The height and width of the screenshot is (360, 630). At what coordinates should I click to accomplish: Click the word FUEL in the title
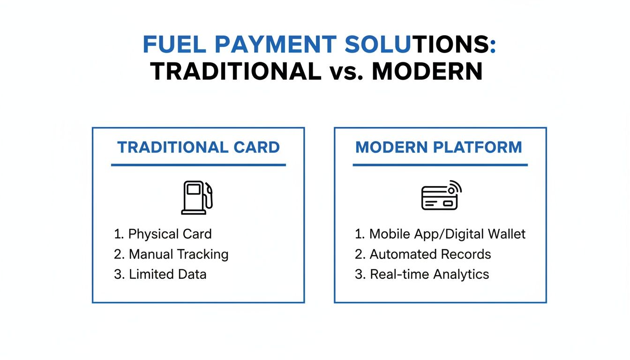pos(174,45)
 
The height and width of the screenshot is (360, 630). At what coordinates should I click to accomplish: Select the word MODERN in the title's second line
pos(427,71)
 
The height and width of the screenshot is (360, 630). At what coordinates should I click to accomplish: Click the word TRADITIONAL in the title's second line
pos(236,71)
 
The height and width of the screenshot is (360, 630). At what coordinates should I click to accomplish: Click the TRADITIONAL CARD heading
pos(199,147)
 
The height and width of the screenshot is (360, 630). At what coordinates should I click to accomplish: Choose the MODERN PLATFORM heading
pos(439,147)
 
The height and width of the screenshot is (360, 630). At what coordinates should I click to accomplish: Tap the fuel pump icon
pos(197,197)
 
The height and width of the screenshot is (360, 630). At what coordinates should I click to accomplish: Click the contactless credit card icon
pos(441,195)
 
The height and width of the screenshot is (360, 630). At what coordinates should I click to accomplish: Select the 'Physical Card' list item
pos(163,234)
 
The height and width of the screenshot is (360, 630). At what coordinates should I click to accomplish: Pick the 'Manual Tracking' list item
pos(171,254)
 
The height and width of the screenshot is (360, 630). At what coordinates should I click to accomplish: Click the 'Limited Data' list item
pos(160,274)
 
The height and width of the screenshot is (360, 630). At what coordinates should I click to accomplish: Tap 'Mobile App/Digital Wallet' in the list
pos(440,234)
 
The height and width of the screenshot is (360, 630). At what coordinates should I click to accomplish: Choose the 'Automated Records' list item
pos(423,254)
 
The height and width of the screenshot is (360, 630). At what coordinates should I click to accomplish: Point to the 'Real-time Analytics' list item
pos(422,274)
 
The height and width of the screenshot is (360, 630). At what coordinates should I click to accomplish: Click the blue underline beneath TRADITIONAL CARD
pos(199,165)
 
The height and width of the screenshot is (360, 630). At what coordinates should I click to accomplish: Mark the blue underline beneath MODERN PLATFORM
pos(440,165)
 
